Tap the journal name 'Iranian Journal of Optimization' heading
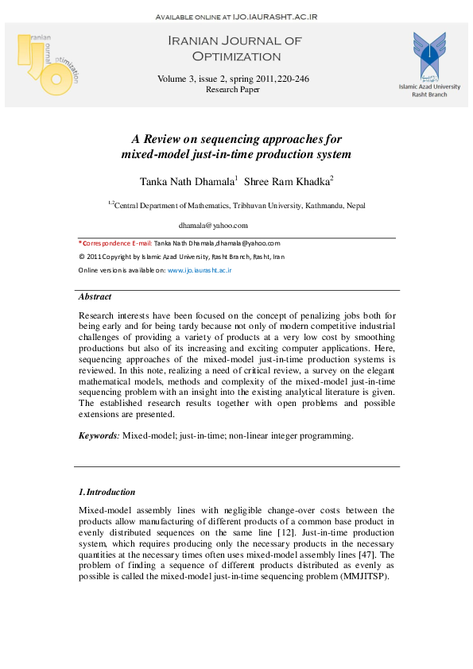tap(224, 48)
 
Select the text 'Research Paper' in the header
tap(233, 90)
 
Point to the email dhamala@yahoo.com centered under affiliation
tap(213, 226)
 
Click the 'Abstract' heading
tap(95, 296)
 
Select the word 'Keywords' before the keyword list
tap(98, 435)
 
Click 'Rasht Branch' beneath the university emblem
tap(429, 94)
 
